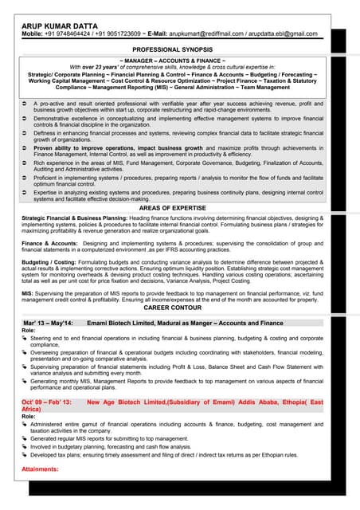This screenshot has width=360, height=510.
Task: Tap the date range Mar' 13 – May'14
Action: (x=48, y=324)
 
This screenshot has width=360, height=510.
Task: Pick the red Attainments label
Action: (x=40, y=469)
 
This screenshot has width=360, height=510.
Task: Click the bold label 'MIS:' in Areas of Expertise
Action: (x=27, y=292)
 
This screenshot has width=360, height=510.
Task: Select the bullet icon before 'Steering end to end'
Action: (x=25, y=339)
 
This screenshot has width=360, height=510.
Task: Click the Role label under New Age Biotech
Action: (x=29, y=417)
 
